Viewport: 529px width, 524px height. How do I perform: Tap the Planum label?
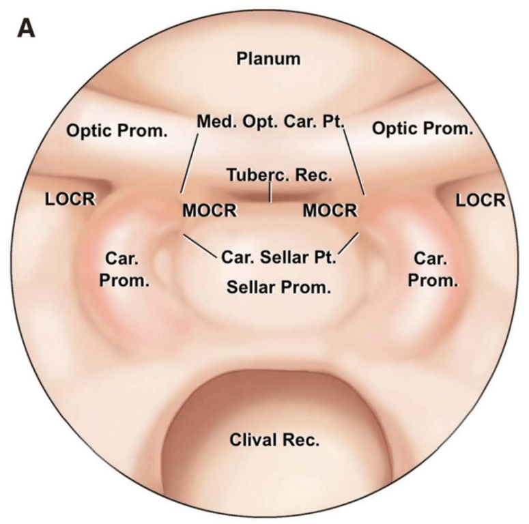tap(268, 59)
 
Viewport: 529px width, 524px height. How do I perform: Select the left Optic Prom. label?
tap(117, 130)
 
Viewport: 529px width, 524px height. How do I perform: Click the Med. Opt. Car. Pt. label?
tap(271, 122)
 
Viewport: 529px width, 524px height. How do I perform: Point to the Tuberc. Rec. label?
tap(279, 175)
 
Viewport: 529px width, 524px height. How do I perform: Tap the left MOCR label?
tap(210, 211)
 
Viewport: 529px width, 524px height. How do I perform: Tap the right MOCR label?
tap(330, 211)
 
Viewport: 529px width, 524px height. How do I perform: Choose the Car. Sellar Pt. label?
tap(279, 258)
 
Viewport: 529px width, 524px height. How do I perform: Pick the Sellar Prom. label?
tap(279, 287)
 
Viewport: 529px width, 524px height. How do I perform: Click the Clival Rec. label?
tap(273, 440)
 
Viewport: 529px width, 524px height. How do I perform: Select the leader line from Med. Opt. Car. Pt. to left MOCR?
tap(190, 163)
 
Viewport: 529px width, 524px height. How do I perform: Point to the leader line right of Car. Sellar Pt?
tap(349, 244)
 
